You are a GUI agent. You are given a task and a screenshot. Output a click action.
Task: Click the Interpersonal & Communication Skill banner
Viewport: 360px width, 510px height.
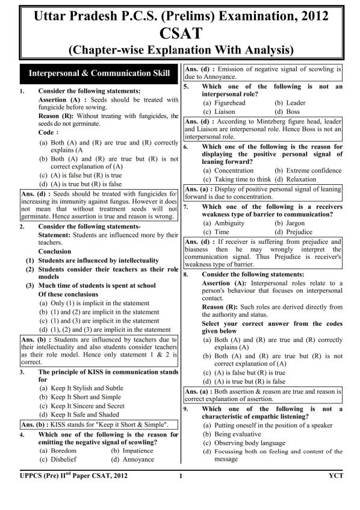[x=95, y=74]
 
